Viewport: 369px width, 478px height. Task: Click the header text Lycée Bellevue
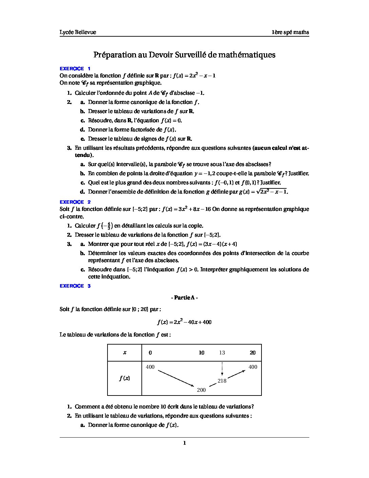click(x=78, y=32)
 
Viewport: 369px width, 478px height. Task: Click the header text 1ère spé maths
click(x=290, y=32)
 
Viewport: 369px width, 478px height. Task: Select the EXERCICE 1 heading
click(x=75, y=69)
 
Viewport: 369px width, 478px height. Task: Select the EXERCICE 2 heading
click(x=75, y=202)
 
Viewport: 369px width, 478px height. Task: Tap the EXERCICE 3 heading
click(x=75, y=286)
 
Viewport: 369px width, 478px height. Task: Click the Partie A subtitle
click(x=184, y=298)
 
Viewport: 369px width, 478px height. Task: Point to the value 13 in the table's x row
click(x=222, y=353)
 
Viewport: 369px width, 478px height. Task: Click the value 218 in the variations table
click(x=222, y=381)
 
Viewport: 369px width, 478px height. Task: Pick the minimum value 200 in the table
click(x=201, y=390)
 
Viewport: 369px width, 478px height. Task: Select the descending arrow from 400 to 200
click(x=176, y=378)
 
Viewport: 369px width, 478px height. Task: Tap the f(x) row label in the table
click(x=124, y=378)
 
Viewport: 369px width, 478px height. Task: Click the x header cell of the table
click(x=124, y=353)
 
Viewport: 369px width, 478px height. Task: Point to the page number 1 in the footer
click(x=184, y=443)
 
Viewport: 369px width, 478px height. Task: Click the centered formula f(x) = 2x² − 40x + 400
click(x=184, y=322)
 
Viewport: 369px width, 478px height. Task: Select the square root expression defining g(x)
click(x=272, y=191)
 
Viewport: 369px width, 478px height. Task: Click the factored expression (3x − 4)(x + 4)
click(x=220, y=244)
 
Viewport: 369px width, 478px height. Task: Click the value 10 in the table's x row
click(x=201, y=353)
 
